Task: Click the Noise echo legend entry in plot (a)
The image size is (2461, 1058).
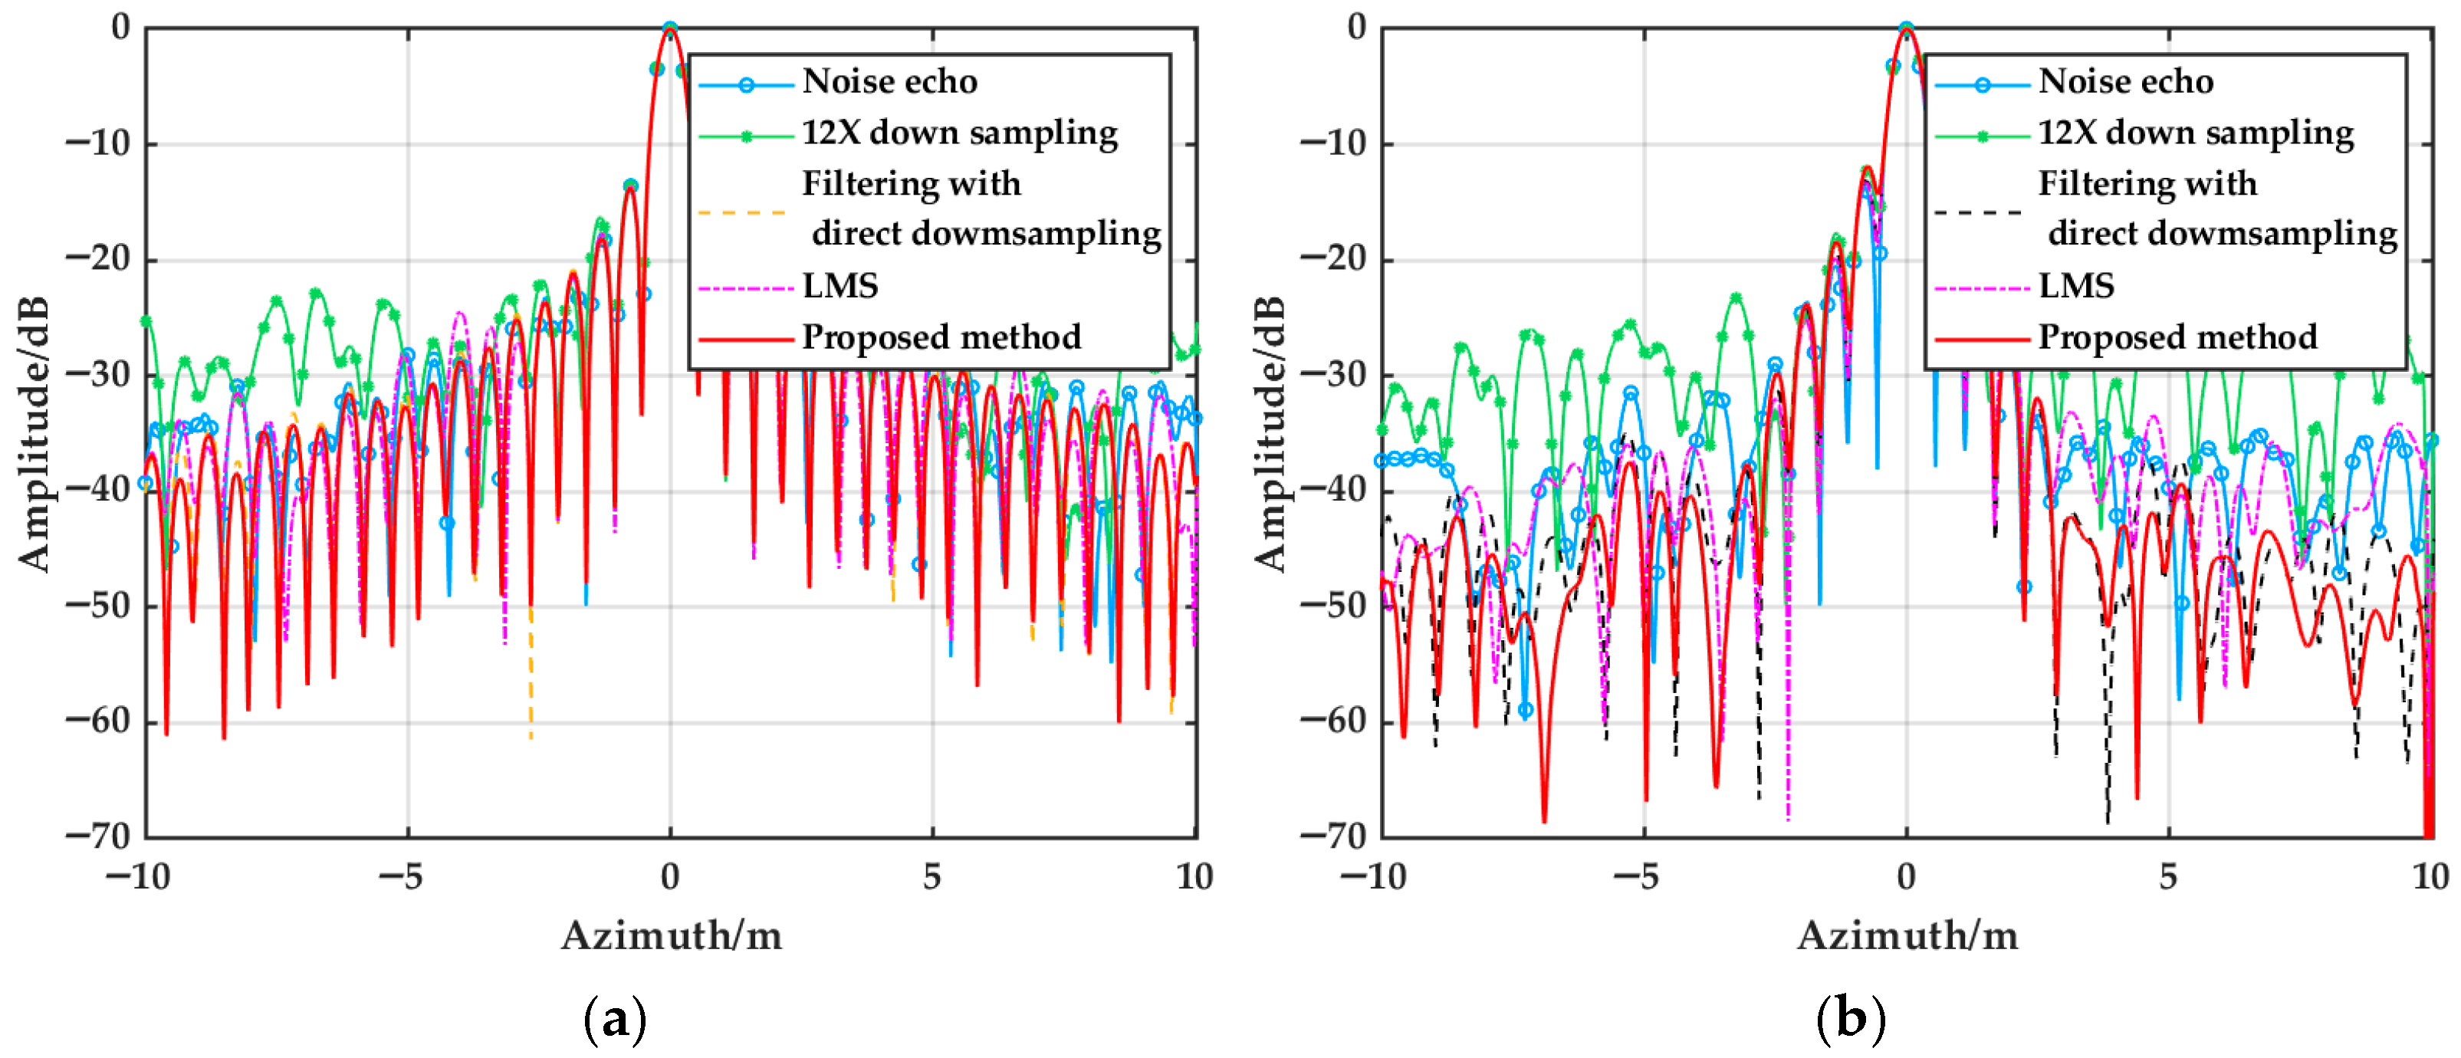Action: point(889,81)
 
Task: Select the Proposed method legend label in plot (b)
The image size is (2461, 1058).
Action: point(2177,337)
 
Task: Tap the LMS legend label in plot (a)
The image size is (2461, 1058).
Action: point(839,286)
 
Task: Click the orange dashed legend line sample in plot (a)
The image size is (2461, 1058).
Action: point(741,212)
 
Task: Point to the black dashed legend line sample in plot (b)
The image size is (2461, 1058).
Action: point(1977,212)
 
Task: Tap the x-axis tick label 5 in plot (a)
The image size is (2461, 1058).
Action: point(932,876)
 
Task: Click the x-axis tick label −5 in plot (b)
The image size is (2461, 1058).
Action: point(1642,876)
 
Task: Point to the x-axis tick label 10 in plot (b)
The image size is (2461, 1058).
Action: point(2430,876)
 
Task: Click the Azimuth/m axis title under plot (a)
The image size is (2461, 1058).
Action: point(671,935)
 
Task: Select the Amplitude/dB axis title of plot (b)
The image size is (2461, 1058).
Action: point(1270,435)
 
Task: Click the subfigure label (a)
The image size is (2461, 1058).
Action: point(614,1019)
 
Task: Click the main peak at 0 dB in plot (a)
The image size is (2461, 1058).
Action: point(670,30)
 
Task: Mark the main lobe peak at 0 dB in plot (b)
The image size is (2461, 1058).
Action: point(1906,30)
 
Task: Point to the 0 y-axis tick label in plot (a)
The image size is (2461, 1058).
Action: point(120,28)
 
